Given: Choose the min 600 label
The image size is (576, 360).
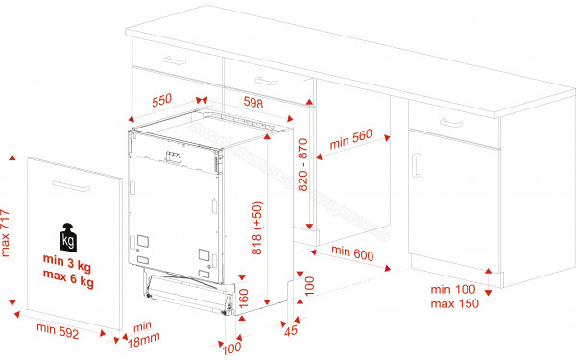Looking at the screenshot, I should pos(351,252).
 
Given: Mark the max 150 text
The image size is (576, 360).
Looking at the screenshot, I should pos(454,304).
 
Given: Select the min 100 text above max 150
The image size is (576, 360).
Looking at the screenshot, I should pos(453,290).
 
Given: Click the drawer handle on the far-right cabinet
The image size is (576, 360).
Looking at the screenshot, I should pos(449,122).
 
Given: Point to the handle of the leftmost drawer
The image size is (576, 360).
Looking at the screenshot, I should pos(176,60).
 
